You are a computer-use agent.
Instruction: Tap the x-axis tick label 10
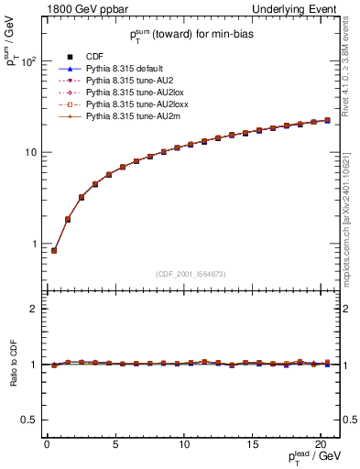click(183, 443)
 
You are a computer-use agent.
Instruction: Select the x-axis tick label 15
click(252, 443)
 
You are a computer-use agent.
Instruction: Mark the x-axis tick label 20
click(321, 443)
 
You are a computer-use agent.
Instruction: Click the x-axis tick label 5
click(115, 443)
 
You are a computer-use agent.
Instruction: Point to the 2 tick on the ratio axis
click(33, 309)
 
